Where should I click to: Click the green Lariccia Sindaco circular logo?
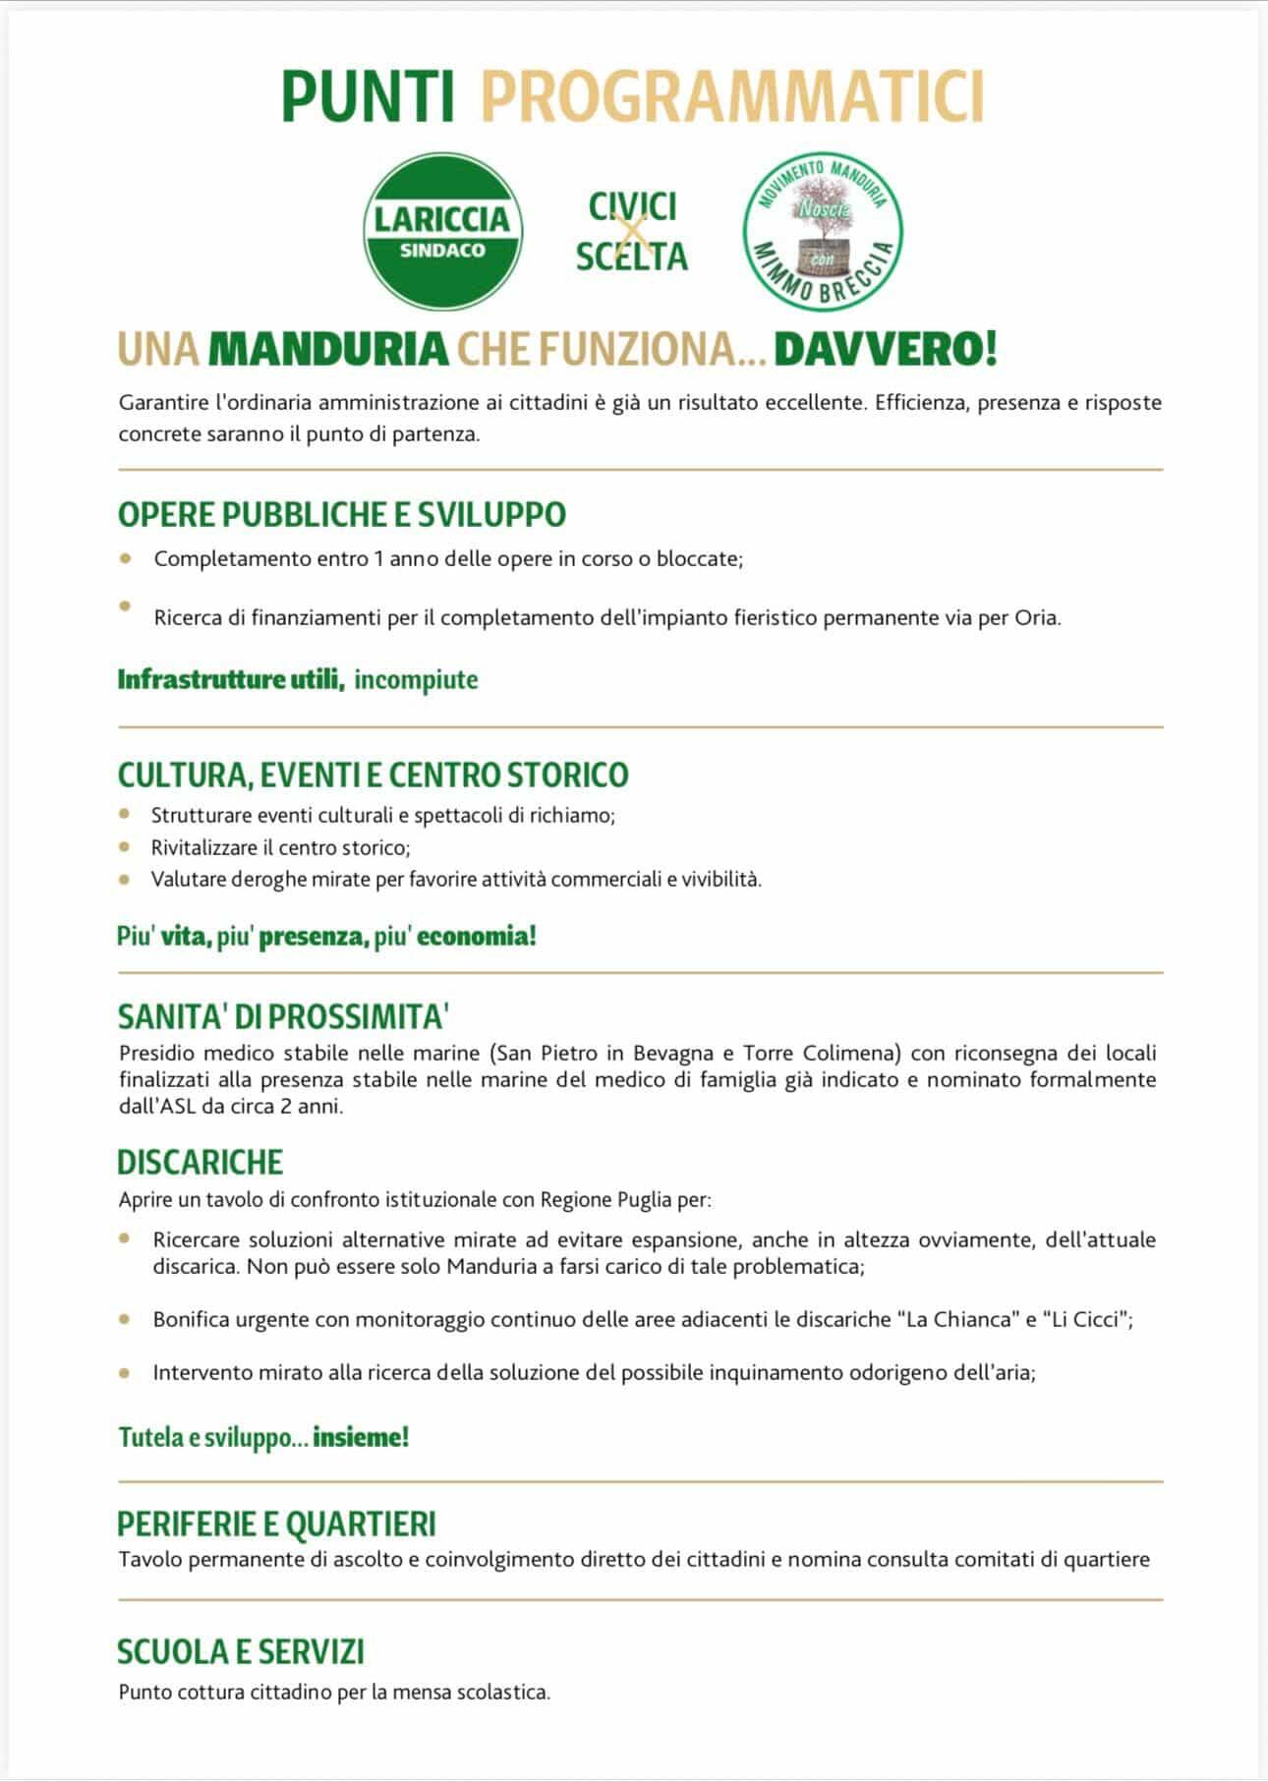[x=442, y=232]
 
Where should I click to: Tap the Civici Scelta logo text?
[x=631, y=232]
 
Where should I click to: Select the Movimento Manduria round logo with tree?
[x=822, y=232]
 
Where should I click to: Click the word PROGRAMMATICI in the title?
[x=732, y=96]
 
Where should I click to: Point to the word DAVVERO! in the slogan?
[x=886, y=349]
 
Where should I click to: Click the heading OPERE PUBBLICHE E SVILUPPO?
[x=342, y=514]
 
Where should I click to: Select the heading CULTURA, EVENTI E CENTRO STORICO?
[x=373, y=775]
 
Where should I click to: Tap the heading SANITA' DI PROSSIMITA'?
[x=283, y=1015]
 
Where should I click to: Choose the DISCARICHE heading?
[x=200, y=1162]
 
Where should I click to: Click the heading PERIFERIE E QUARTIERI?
[x=276, y=1523]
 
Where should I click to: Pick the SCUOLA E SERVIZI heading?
[x=241, y=1651]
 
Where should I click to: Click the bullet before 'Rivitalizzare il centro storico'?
[x=124, y=846]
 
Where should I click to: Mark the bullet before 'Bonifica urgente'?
[x=124, y=1319]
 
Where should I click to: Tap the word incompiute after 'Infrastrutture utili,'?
[x=416, y=679]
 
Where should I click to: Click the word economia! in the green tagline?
[x=477, y=935]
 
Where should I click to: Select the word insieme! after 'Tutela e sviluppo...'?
[x=361, y=1437]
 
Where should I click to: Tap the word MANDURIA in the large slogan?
[x=328, y=349]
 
